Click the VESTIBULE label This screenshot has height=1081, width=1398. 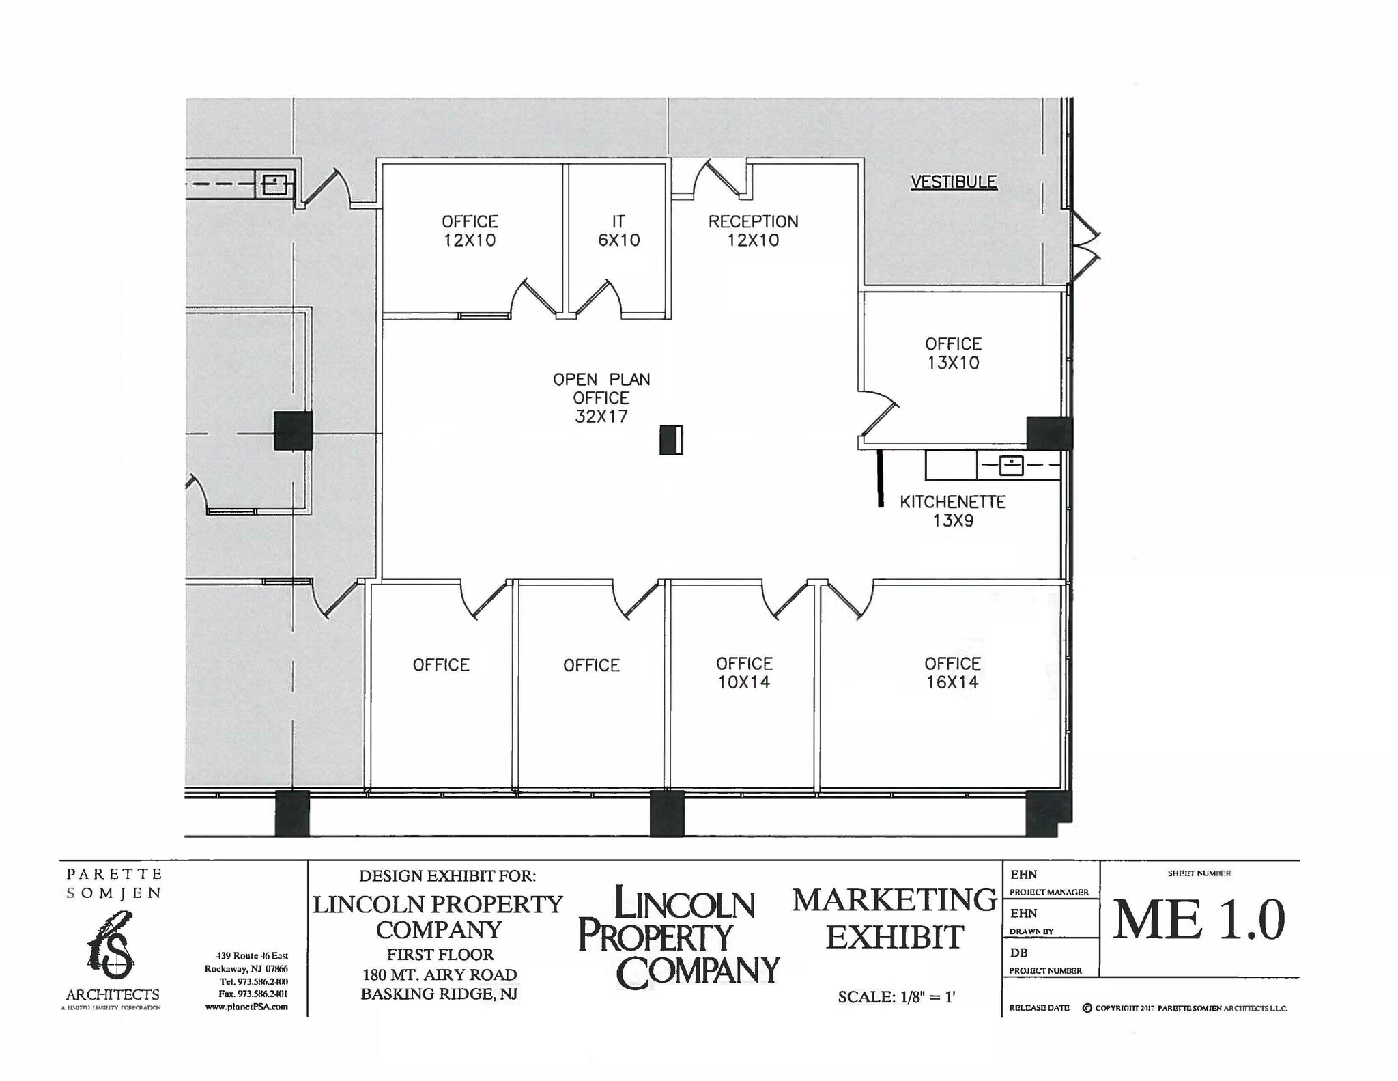(x=954, y=182)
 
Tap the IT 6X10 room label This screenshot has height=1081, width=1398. (x=618, y=231)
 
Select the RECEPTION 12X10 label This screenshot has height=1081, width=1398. (x=753, y=231)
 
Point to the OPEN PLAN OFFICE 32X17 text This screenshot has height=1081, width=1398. (x=601, y=398)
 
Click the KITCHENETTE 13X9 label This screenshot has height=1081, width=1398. (x=953, y=511)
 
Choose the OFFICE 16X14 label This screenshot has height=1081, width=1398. (x=952, y=673)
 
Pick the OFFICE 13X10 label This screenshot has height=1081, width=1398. (x=953, y=353)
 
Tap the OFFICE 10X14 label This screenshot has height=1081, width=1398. (x=744, y=673)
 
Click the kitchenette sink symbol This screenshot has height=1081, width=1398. (x=1011, y=466)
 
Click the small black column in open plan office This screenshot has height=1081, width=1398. (x=671, y=440)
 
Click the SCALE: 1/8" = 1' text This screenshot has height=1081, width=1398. (x=896, y=997)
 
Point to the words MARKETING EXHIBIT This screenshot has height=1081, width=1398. (x=894, y=918)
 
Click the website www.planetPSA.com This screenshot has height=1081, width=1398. (x=246, y=1007)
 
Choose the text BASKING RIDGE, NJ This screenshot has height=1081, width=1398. (x=439, y=994)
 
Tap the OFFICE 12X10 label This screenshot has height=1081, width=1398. (x=470, y=231)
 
